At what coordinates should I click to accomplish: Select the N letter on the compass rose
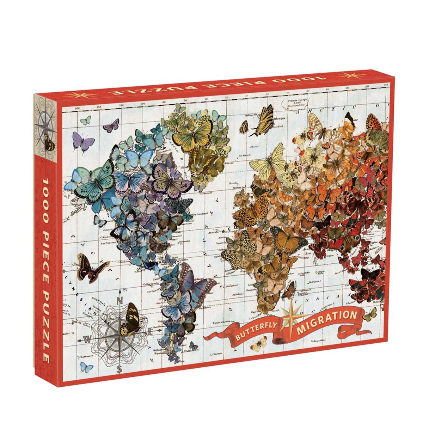(119, 300)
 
